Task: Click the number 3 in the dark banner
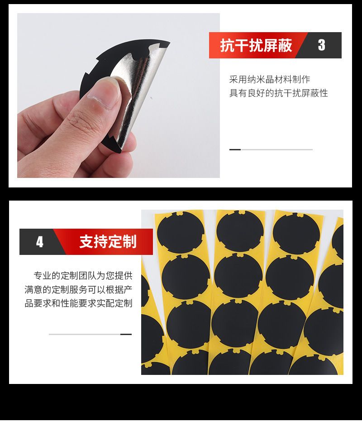click(x=321, y=45)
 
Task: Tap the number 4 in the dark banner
click(x=40, y=242)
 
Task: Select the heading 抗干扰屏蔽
click(x=256, y=46)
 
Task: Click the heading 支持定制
click(x=108, y=242)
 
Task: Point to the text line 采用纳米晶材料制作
click(x=270, y=79)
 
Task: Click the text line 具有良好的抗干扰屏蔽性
click(x=278, y=93)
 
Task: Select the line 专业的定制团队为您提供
click(x=83, y=275)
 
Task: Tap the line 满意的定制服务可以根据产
click(x=78, y=289)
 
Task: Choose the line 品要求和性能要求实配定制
click(x=78, y=303)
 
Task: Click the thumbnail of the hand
click(x=119, y=95)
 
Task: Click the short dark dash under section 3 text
click(x=235, y=149)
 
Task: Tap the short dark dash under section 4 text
click(x=126, y=334)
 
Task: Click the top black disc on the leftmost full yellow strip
click(x=181, y=232)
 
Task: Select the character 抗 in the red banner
click(x=227, y=46)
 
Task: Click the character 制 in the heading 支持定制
click(x=130, y=242)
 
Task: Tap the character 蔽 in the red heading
click(x=285, y=46)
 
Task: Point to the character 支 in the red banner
click(x=86, y=242)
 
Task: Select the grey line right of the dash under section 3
click(x=277, y=149)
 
